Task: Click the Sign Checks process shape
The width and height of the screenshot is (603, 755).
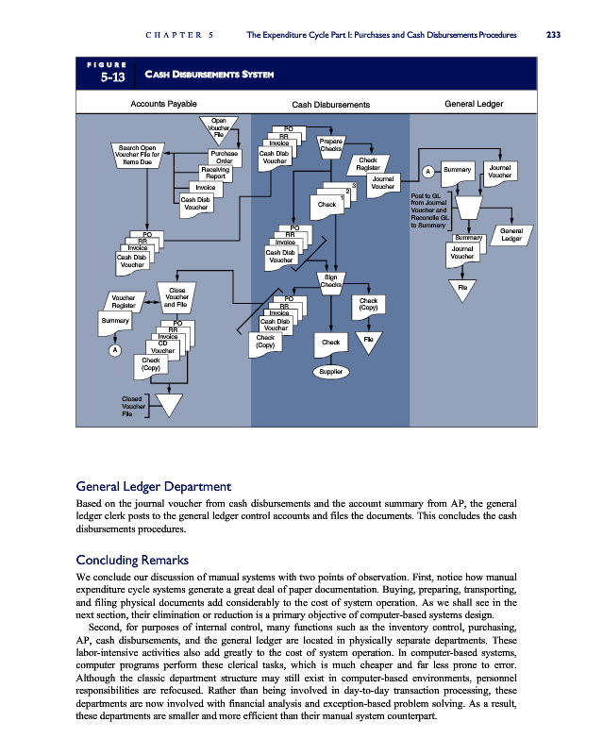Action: point(330,281)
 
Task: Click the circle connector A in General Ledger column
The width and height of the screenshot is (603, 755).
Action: point(427,171)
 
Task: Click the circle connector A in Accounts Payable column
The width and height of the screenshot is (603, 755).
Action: point(114,350)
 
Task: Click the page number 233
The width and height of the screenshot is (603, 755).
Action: point(553,35)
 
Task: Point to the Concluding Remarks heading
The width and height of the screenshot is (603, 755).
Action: point(132,561)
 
